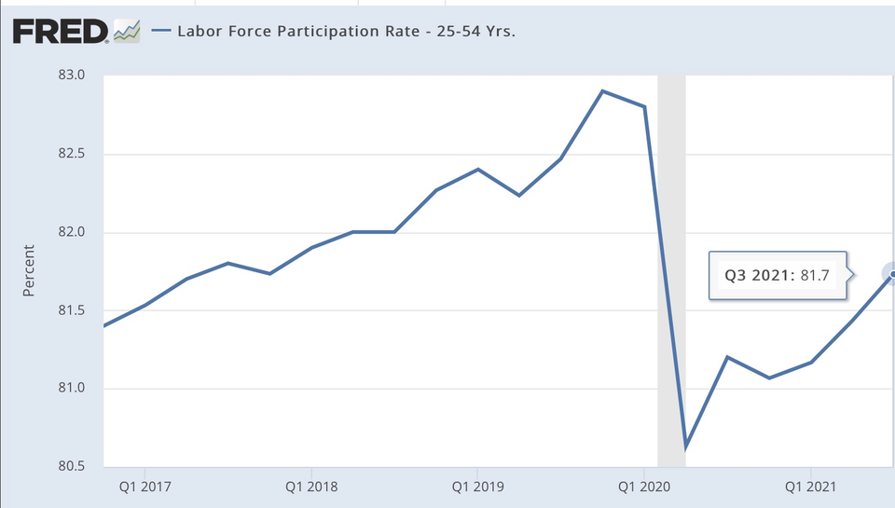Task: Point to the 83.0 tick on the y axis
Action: pos(73,76)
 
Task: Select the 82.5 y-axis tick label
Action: pos(73,154)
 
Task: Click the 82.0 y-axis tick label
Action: pos(73,232)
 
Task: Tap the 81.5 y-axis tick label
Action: pos(73,310)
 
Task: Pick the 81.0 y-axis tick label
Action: pos(73,389)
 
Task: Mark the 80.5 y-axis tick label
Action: pos(73,466)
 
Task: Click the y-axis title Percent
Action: pos(28,271)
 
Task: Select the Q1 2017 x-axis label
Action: pos(144,487)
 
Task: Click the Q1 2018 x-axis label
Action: pos(310,487)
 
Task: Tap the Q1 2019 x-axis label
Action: pos(477,487)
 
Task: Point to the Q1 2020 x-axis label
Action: pos(644,487)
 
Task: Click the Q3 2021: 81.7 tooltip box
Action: pos(778,275)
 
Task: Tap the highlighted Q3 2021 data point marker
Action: pos(892,274)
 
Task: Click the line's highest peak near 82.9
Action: pos(602,91)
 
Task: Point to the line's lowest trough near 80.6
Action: pos(685,447)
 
